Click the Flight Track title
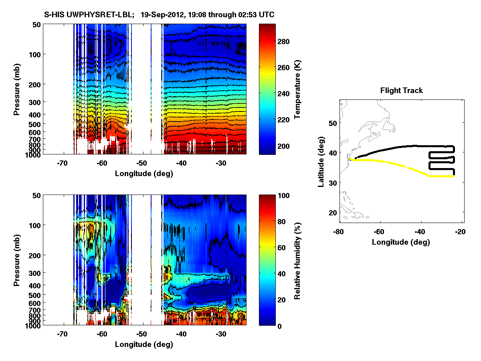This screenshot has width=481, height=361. (x=401, y=91)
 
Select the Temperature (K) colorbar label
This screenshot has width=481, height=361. (x=297, y=89)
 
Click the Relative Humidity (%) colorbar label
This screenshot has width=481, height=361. (x=297, y=260)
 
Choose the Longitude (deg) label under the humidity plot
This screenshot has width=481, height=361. (x=144, y=344)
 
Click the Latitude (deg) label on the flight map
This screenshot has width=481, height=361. (x=321, y=162)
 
